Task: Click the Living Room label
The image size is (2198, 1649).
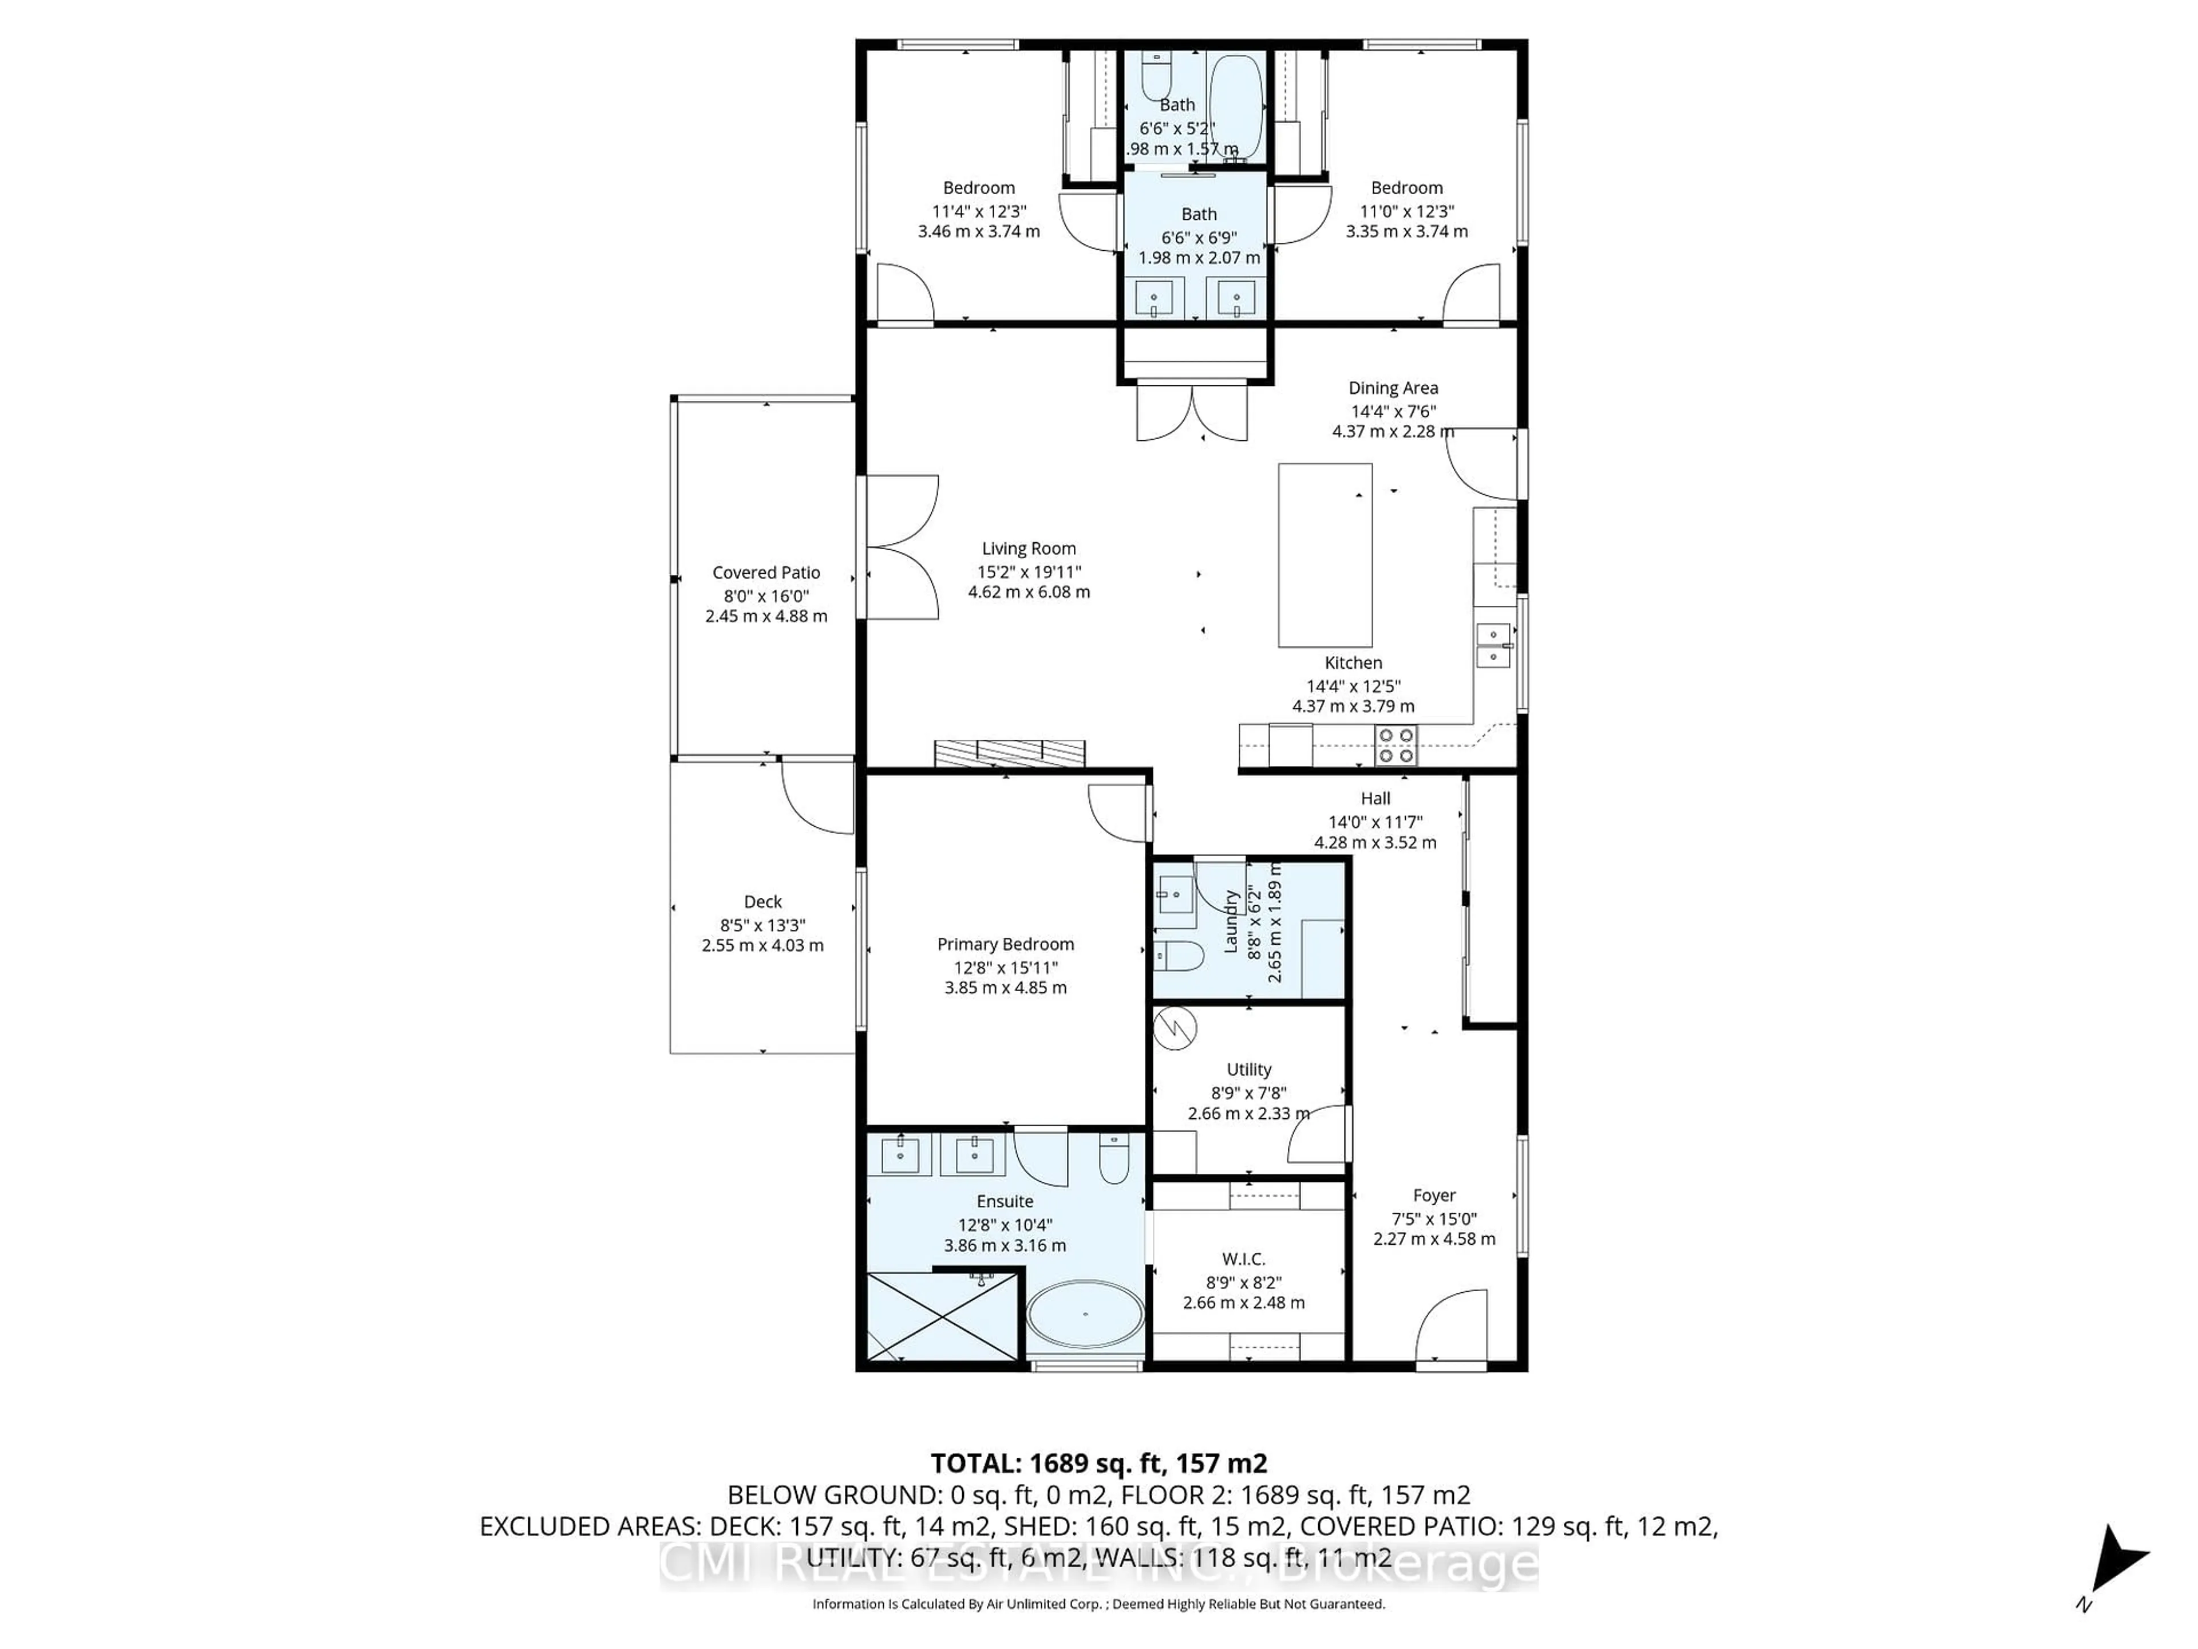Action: point(1029,548)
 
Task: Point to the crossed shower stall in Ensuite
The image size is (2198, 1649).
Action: point(943,1315)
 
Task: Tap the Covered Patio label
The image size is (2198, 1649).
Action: point(766,573)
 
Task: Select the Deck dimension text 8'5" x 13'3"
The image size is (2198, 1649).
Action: point(762,924)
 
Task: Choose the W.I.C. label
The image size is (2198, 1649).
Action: point(1243,1259)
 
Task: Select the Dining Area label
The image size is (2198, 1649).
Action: point(1392,388)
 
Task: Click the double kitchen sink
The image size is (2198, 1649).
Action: point(1492,645)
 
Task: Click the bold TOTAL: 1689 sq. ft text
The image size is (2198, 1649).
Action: point(1098,1463)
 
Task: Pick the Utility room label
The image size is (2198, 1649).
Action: point(1248,1070)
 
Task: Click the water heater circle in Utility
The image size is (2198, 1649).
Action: point(1176,1029)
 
